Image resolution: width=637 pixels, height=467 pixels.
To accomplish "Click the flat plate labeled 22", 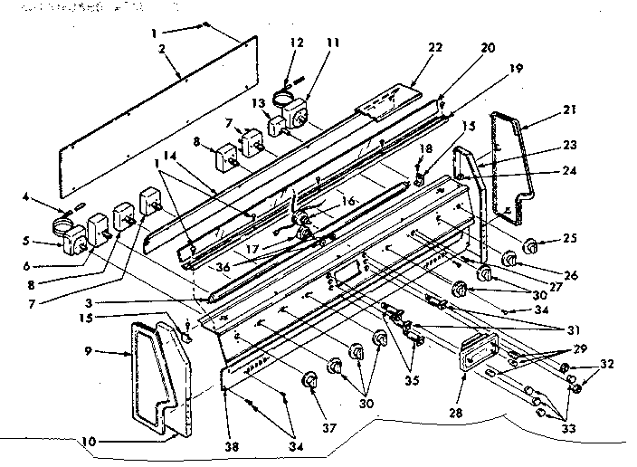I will (389, 100).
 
